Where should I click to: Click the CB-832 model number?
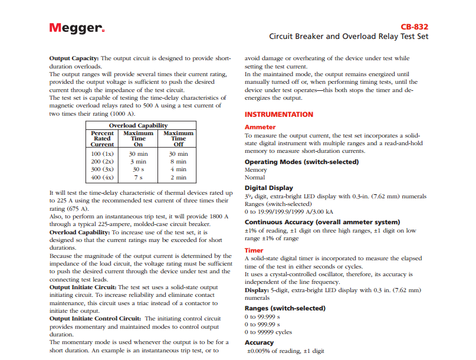414,27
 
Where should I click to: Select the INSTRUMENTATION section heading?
279,114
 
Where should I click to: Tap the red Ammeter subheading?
260,127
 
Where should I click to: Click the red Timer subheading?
254,250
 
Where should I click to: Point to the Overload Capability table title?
139,125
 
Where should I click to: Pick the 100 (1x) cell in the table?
103,153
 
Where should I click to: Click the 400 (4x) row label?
103,177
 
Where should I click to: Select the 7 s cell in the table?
139,177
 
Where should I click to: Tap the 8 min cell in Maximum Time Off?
178,161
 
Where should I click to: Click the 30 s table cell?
139,169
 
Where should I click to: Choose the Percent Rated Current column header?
103,139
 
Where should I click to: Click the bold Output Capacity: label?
74,59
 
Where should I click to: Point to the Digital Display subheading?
268,188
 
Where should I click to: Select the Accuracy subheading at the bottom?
260,342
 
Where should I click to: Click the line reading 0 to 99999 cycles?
268,332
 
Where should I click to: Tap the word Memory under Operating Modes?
256,170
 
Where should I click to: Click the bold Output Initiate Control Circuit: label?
94,319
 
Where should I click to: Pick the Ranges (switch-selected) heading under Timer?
285,308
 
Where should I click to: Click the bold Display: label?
257,290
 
